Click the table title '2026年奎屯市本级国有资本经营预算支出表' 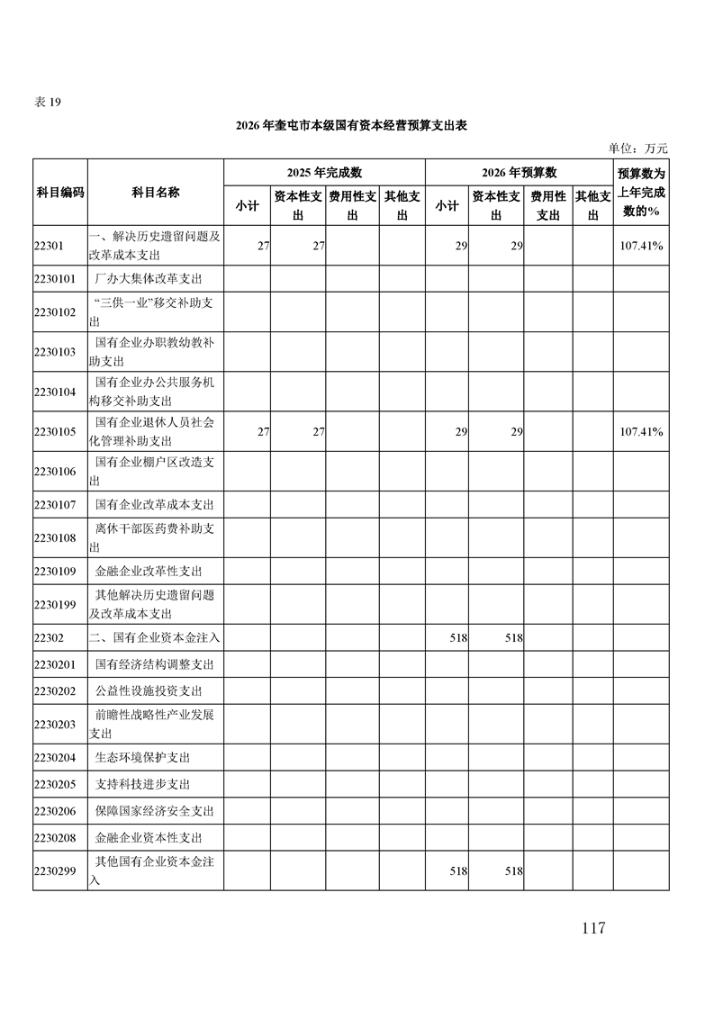click(351, 126)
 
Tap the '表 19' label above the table click(47, 102)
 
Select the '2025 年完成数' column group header click(324, 173)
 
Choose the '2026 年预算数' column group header click(519, 173)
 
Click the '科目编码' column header click(60, 193)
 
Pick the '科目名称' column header click(155, 193)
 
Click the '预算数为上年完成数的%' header click(641, 192)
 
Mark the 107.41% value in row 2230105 click(641, 432)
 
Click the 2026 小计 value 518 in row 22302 click(457, 637)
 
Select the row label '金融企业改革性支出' click(148, 571)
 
